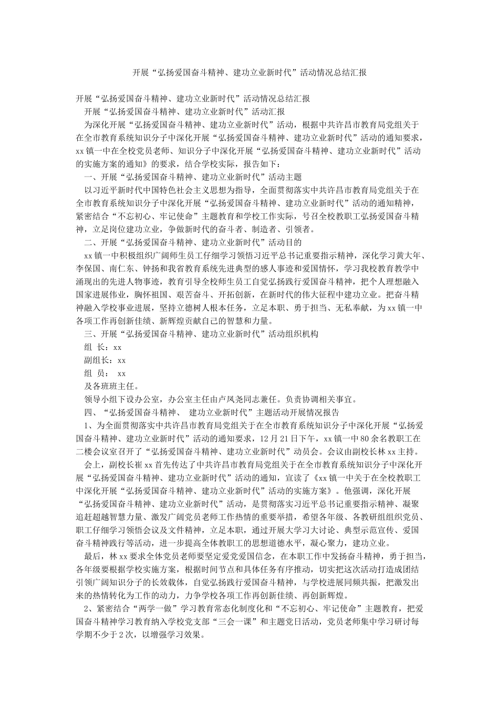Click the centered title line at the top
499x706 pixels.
click(x=249, y=72)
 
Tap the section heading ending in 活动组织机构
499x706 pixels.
click(x=201, y=334)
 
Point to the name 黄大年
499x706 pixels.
click(x=410, y=255)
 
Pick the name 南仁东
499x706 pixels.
click(x=121, y=268)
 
